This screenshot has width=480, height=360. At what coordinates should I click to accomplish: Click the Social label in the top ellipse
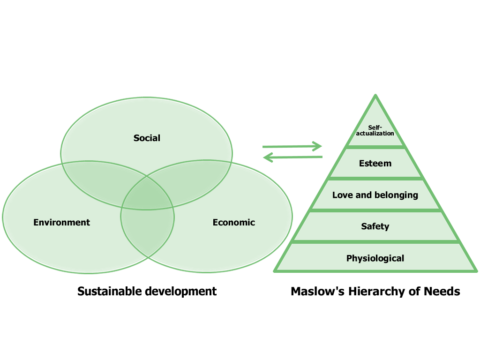click(147, 138)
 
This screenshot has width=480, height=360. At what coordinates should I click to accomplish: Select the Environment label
click(61, 222)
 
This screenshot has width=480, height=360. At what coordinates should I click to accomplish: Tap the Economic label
click(234, 222)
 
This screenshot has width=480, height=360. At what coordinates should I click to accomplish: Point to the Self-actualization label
click(375, 130)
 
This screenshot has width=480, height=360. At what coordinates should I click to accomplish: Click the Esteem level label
click(375, 163)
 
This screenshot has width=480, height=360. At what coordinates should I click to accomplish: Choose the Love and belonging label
click(375, 195)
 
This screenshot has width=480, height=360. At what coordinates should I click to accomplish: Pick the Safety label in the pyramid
click(375, 226)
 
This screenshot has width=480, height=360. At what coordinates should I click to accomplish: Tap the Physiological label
click(375, 258)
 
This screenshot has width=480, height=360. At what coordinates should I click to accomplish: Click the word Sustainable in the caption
click(109, 291)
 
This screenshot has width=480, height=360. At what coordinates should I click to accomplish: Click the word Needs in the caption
click(442, 291)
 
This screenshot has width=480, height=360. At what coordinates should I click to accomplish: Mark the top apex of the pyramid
click(375, 95)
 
